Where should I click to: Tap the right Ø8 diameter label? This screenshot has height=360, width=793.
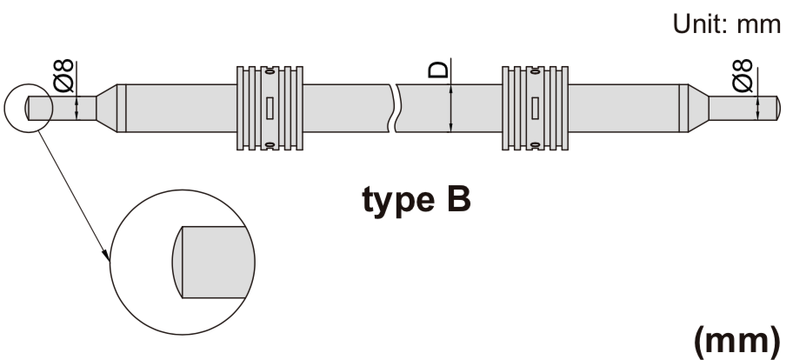point(743,76)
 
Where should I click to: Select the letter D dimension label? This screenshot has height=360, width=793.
point(441,70)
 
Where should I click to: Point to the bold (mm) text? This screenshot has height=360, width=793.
point(742,342)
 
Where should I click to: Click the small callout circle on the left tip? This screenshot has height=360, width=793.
point(29,108)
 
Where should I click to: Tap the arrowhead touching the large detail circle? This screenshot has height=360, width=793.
point(107,257)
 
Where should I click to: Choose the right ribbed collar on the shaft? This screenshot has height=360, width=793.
point(534,108)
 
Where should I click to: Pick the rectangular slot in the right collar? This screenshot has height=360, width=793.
point(535,108)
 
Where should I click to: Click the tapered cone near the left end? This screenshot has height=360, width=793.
point(105,108)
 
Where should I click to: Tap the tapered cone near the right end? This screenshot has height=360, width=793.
point(697,108)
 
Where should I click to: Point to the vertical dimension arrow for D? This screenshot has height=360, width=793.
point(450,108)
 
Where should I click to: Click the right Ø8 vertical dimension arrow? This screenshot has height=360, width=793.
point(756,108)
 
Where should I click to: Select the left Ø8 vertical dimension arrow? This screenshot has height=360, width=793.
point(77,108)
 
